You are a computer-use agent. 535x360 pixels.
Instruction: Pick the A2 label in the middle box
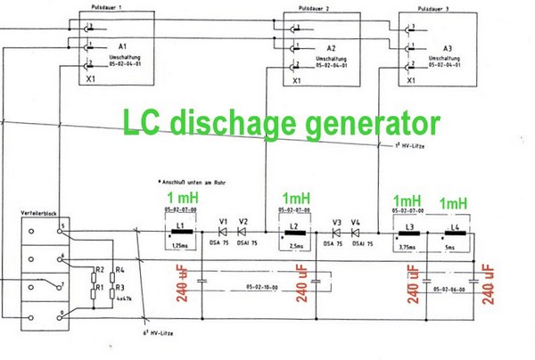tap(331, 49)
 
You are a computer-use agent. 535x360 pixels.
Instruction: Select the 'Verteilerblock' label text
tap(44, 216)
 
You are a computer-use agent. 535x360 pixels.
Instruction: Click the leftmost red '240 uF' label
tap(183, 283)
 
